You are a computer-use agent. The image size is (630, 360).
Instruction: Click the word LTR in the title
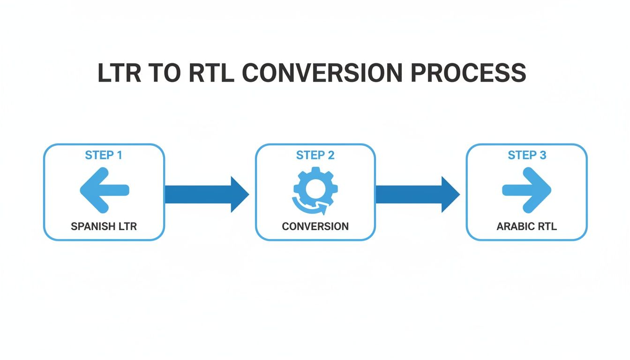[120, 73]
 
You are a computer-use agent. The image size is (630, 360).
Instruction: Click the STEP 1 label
[104, 155]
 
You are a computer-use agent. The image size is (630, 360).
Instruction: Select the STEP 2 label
[315, 155]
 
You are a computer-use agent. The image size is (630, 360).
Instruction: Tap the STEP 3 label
[527, 155]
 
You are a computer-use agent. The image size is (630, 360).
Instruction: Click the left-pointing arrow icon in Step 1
[104, 190]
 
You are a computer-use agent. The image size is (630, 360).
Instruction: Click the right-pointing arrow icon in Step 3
[526, 190]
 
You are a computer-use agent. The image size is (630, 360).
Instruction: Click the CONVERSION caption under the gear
[315, 226]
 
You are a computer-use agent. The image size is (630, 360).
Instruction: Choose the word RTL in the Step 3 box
[547, 226]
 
